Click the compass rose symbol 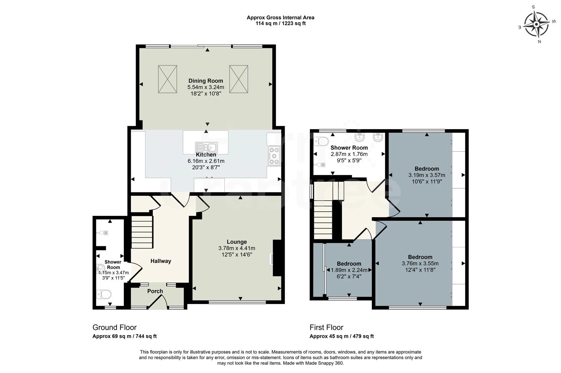click(536, 24)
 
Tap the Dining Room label click(206, 81)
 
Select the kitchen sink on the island click(206, 147)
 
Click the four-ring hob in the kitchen click(274, 156)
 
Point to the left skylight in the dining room click(167, 79)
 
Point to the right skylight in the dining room click(239, 79)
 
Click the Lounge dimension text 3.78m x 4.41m click(237, 248)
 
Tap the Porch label click(155, 291)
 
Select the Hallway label click(160, 261)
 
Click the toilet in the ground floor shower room click(104, 294)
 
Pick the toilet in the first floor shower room click(322, 141)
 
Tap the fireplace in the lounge click(277, 258)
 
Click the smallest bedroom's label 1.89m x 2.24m click(349, 270)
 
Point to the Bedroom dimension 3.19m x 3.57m click(427, 175)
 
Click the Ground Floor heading click(115, 327)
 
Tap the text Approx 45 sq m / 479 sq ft click(342, 336)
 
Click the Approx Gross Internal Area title click(280, 18)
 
